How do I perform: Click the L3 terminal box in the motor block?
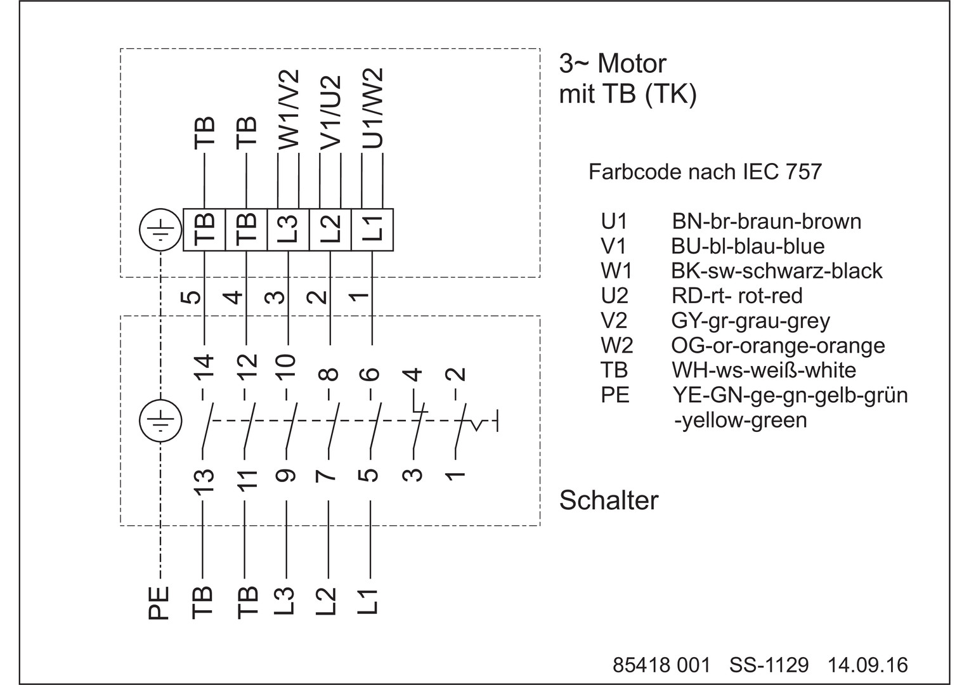(288, 230)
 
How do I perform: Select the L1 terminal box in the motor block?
(372, 230)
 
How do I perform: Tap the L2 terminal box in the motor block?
(330, 230)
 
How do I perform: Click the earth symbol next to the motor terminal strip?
(160, 230)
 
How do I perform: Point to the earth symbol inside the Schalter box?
(160, 421)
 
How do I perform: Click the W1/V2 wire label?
(289, 109)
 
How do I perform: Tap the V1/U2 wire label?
(330, 114)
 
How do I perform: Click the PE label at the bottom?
(159, 603)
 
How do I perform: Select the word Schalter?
(609, 500)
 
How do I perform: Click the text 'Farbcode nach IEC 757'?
(705, 172)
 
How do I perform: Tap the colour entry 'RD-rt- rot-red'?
(736, 296)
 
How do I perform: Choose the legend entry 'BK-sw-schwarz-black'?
(776, 271)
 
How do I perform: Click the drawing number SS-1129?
(769, 665)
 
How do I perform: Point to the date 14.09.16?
(868, 665)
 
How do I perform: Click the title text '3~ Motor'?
(612, 64)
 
